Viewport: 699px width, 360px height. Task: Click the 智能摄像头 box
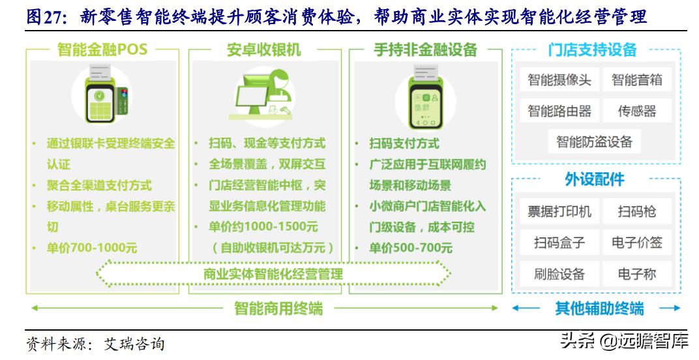click(559, 80)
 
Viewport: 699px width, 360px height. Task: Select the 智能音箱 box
click(636, 80)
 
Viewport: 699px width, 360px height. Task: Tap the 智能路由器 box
click(559, 112)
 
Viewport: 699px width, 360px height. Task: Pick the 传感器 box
click(636, 112)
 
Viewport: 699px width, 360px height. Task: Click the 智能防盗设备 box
click(594, 142)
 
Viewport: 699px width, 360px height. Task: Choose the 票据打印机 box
click(559, 211)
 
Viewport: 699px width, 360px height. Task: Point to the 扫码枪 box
click(636, 211)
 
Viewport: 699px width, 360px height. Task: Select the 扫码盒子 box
click(559, 243)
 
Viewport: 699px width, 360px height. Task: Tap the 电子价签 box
click(636, 243)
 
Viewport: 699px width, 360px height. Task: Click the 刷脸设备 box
click(559, 274)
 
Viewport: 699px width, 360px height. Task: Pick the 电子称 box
click(636, 274)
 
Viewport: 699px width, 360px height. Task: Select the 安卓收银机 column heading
click(264, 50)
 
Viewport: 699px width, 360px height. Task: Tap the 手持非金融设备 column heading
click(425, 50)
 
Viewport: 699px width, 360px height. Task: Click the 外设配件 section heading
click(594, 179)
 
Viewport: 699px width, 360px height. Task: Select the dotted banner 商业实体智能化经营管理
click(273, 274)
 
